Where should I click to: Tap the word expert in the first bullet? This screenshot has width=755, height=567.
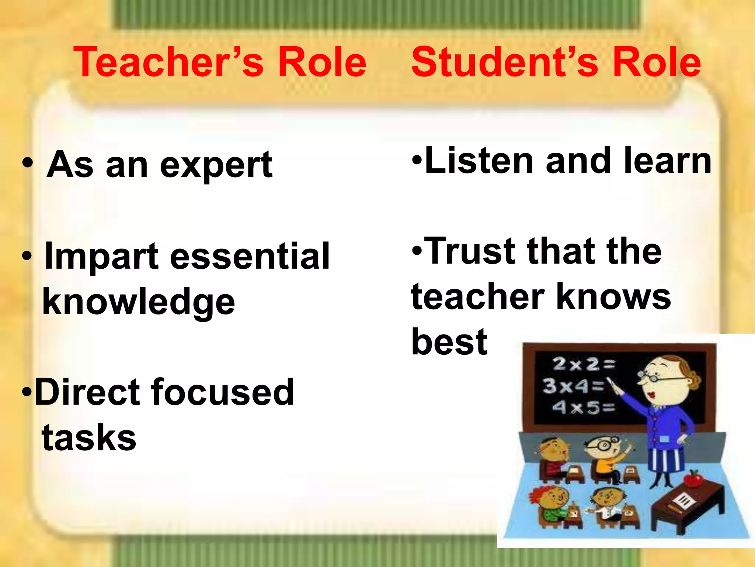(x=216, y=165)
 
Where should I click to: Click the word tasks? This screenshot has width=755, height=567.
(x=89, y=437)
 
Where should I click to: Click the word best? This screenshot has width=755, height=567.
(x=449, y=342)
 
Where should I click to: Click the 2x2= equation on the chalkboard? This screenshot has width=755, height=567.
(x=584, y=364)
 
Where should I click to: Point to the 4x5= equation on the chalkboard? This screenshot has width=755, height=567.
(x=583, y=408)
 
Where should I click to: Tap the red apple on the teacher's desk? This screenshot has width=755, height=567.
(x=693, y=478)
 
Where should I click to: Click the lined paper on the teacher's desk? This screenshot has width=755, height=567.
(x=684, y=502)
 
